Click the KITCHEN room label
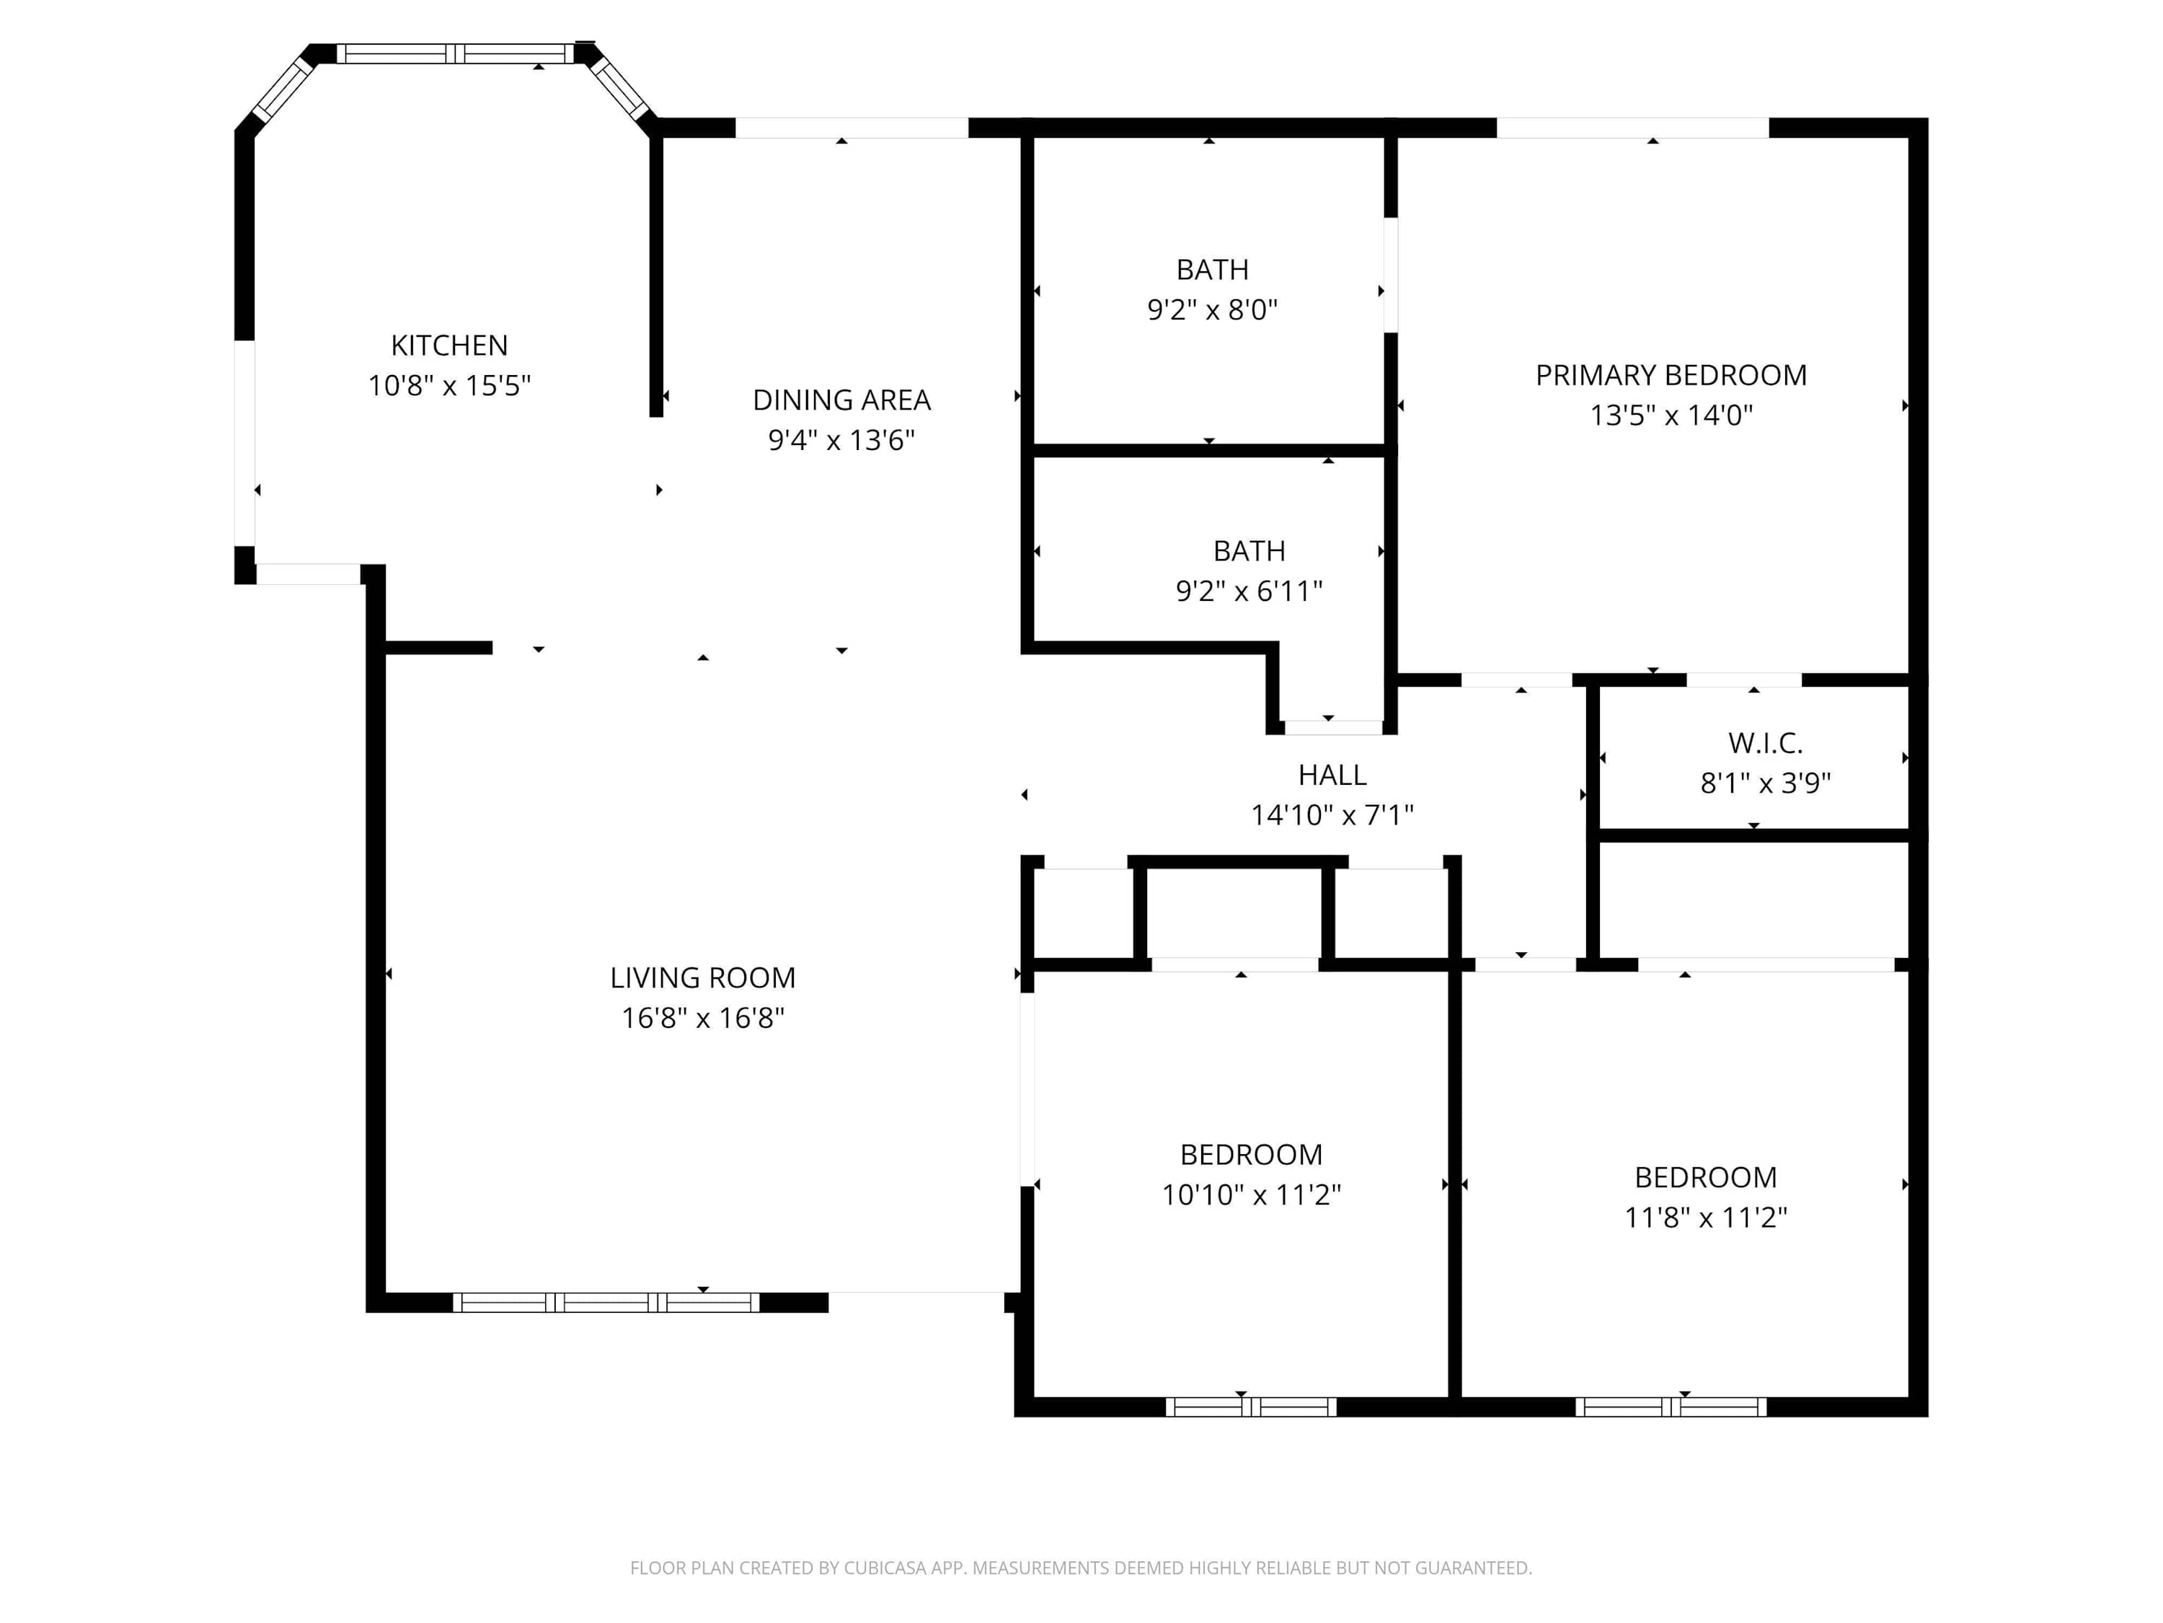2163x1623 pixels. pyautogui.click(x=449, y=346)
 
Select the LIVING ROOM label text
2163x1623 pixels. pyautogui.click(x=702, y=977)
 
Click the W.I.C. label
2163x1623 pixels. pyautogui.click(x=1765, y=744)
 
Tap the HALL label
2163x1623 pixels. pyautogui.click(x=1332, y=775)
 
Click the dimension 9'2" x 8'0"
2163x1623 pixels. pyautogui.click(x=1213, y=310)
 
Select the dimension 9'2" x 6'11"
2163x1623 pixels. pyautogui.click(x=1249, y=591)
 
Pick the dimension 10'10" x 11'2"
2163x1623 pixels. pyautogui.click(x=1251, y=1195)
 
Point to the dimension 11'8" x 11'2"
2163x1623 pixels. pyautogui.click(x=1705, y=1217)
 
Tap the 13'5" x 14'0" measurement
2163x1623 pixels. pyautogui.click(x=1671, y=415)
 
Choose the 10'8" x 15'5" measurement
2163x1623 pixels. pyautogui.click(x=449, y=385)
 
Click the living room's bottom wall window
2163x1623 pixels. pyautogui.click(x=606, y=1302)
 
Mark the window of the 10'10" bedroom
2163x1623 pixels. pyautogui.click(x=1251, y=1407)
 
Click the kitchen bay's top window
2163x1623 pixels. pyautogui.click(x=455, y=54)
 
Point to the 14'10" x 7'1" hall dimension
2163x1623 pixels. pyautogui.click(x=1332, y=815)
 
